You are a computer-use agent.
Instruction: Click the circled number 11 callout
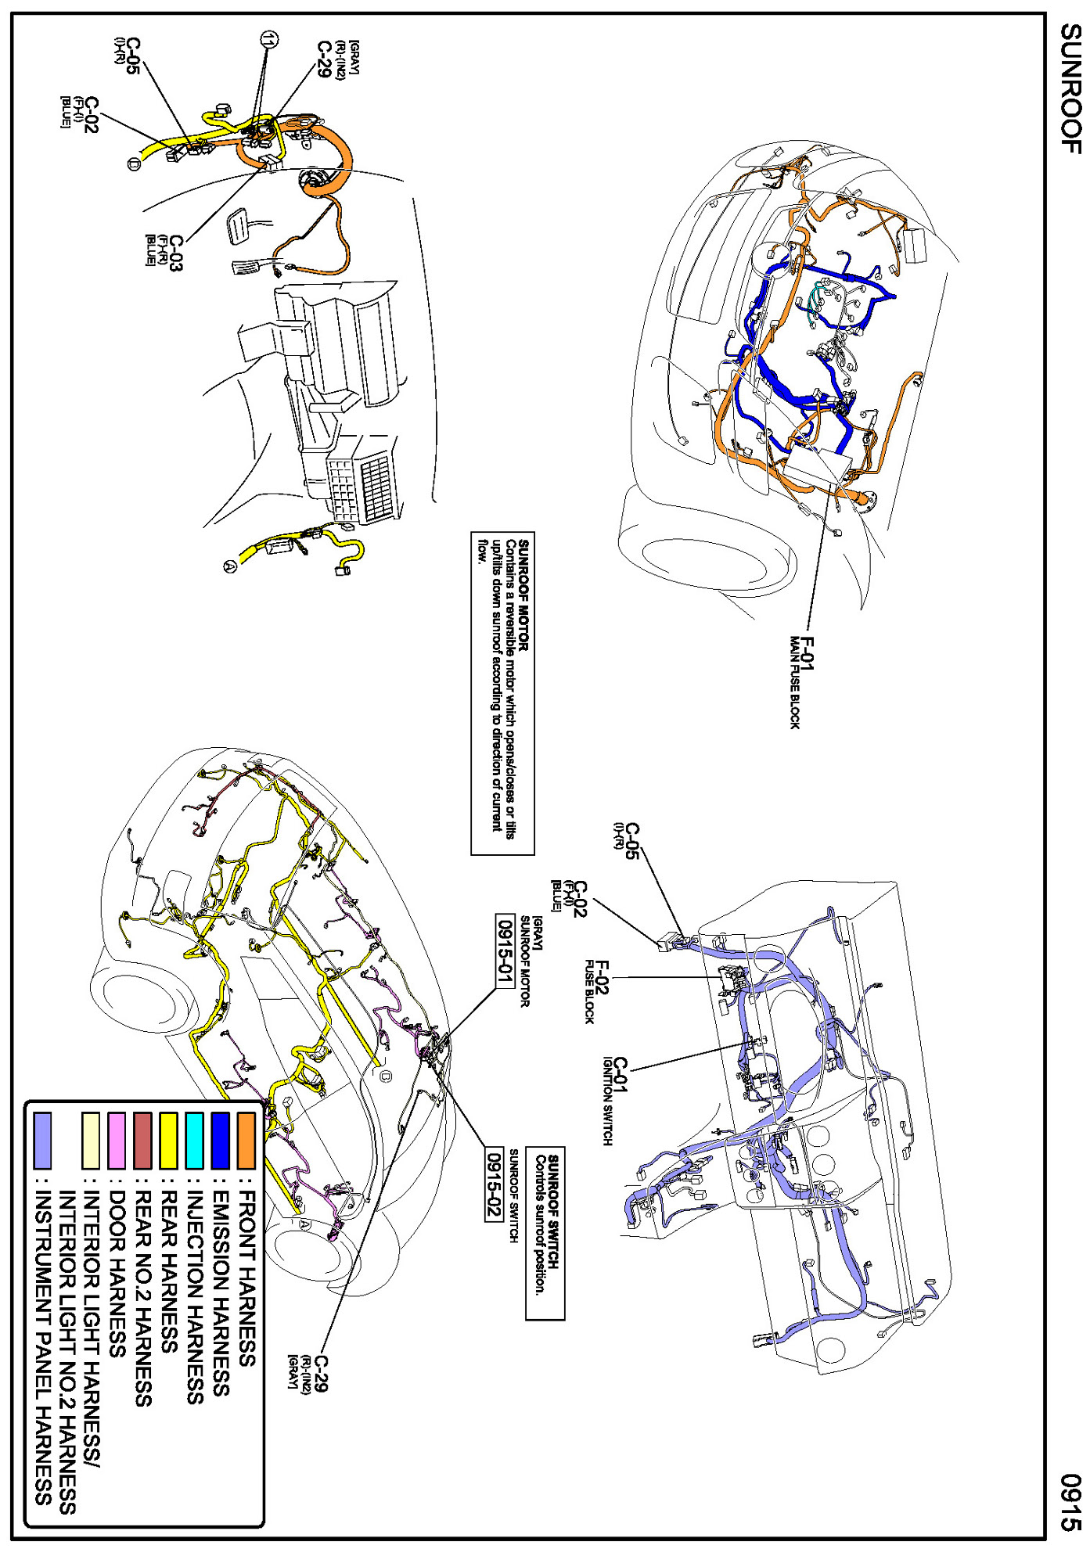270,39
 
